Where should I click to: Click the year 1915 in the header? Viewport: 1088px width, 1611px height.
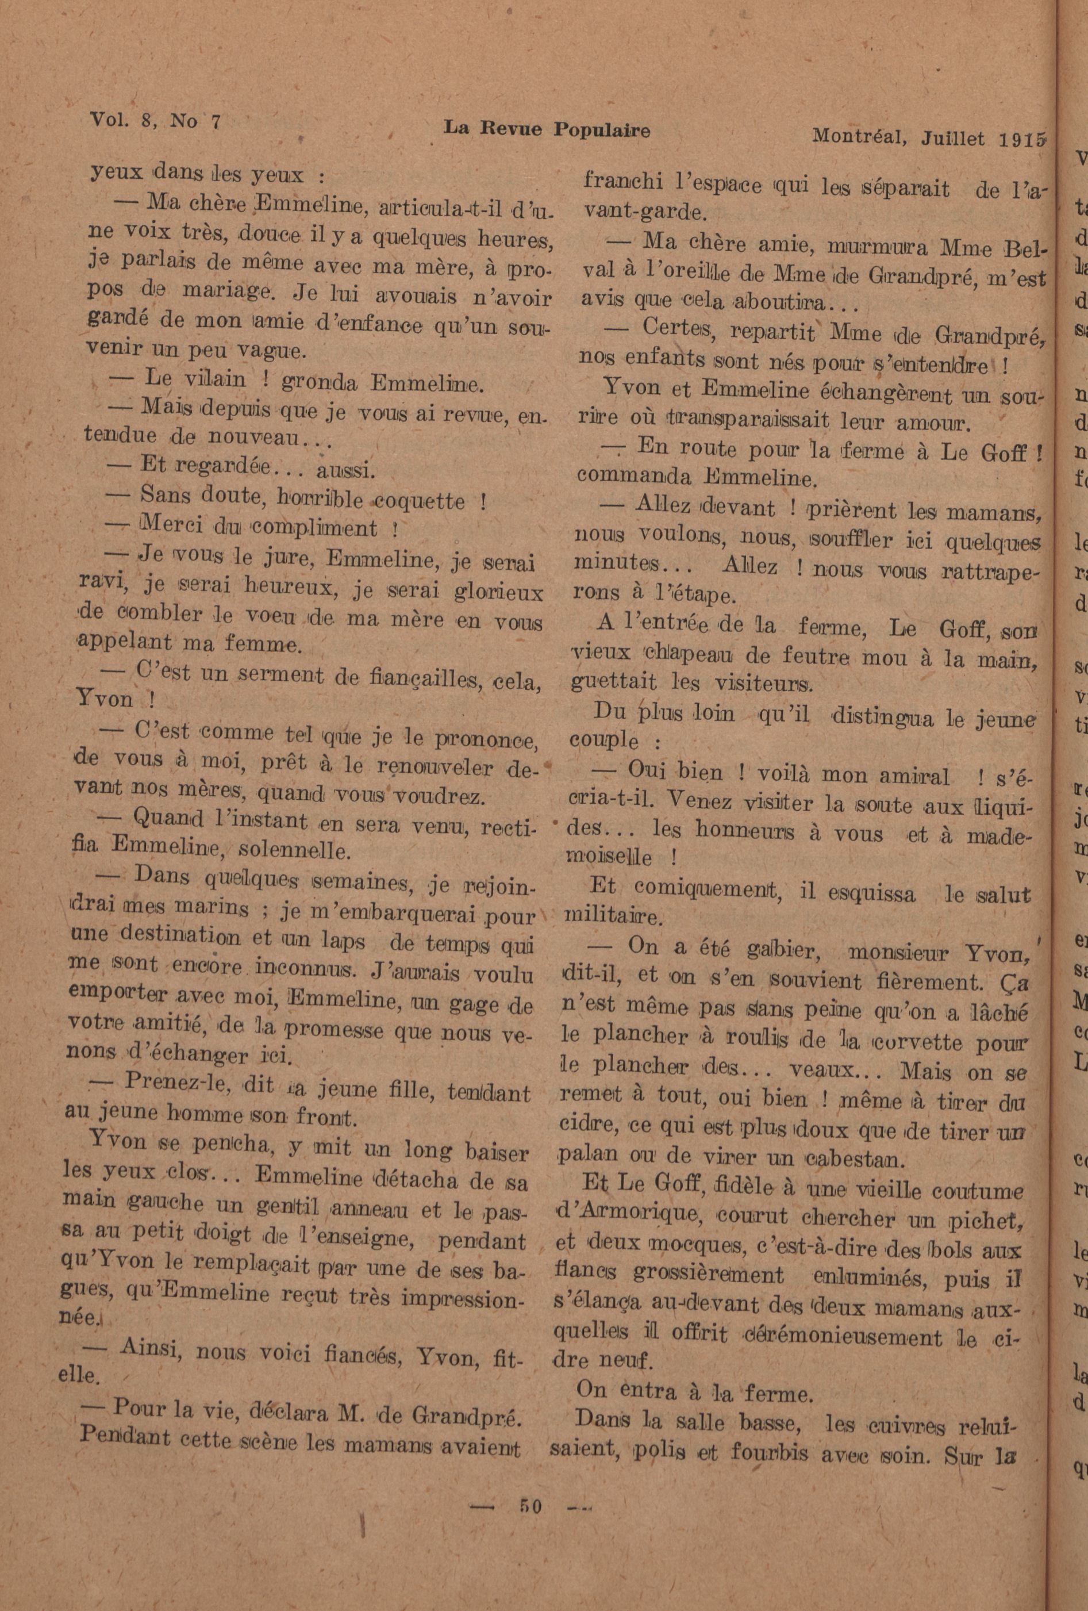click(x=1022, y=139)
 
